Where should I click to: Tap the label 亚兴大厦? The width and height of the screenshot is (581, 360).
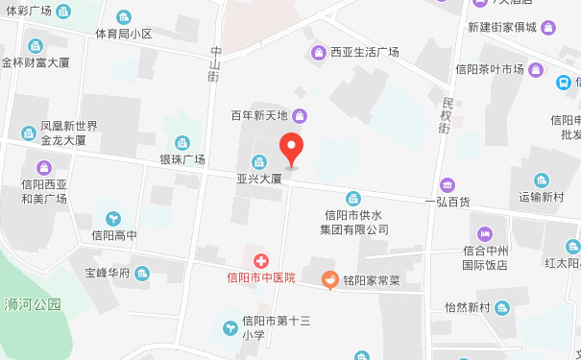[x=258, y=178]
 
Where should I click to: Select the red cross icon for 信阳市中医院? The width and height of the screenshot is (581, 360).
[x=259, y=260]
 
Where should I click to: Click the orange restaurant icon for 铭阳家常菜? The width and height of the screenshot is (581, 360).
[x=328, y=279]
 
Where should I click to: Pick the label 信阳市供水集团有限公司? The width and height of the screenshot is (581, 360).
[x=354, y=223]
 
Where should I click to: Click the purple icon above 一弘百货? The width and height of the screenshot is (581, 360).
[x=448, y=184]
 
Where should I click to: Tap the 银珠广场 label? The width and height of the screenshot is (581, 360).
[x=182, y=158]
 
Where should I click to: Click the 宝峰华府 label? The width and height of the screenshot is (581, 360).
[x=107, y=273]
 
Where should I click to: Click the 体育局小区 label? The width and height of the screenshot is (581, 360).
[x=124, y=34]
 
